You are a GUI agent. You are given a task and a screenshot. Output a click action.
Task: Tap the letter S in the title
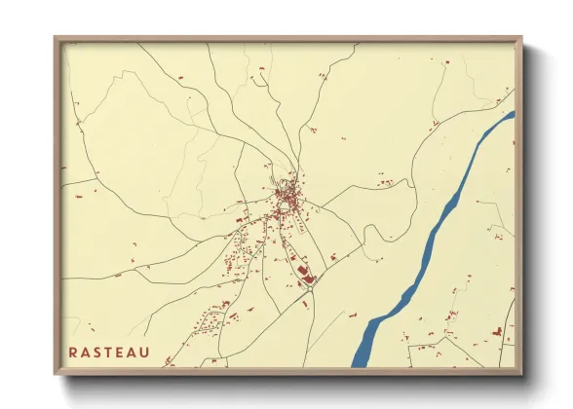point(100,353)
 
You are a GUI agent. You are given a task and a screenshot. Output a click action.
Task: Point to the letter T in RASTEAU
point(113,353)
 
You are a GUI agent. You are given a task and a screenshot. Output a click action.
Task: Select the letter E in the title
point(125,353)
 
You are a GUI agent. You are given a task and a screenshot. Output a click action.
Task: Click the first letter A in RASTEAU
point(87,353)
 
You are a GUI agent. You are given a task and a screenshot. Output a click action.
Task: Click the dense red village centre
point(287,200)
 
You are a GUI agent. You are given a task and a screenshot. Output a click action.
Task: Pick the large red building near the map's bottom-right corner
point(497,332)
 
